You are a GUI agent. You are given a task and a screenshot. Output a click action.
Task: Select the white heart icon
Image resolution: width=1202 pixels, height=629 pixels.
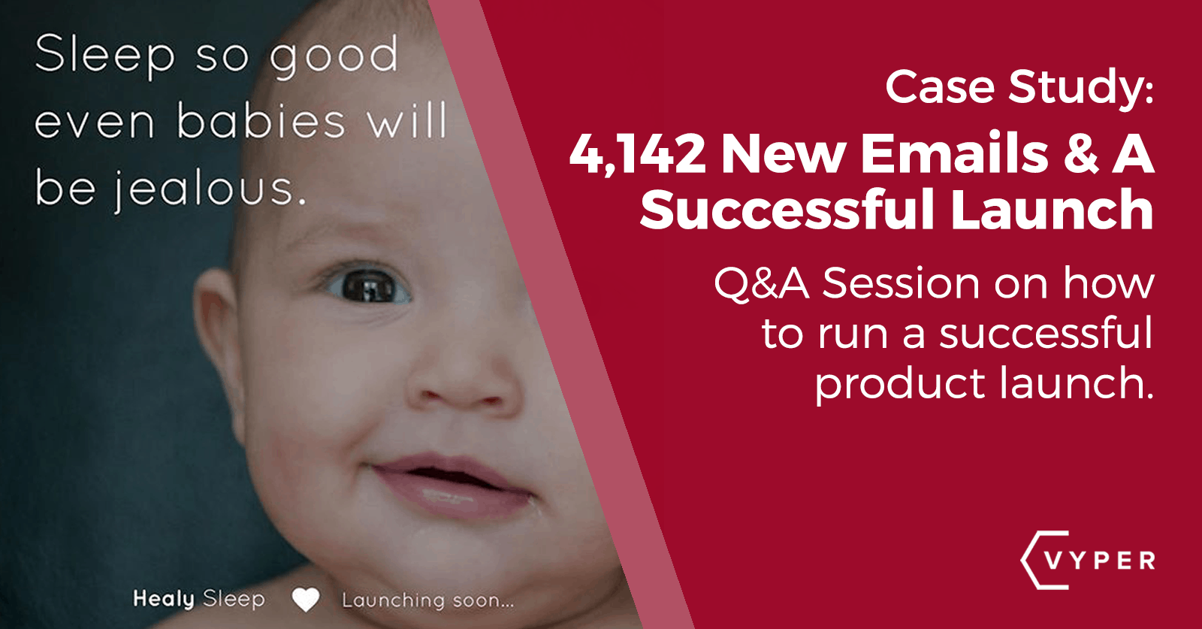[x=306, y=599]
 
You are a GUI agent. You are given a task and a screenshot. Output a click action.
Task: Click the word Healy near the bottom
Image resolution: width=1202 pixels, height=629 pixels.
[x=164, y=599]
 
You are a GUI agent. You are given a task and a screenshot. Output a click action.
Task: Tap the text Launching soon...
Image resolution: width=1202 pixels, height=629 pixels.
[x=427, y=600]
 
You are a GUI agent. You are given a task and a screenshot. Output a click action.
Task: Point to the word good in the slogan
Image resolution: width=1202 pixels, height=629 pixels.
[x=334, y=56]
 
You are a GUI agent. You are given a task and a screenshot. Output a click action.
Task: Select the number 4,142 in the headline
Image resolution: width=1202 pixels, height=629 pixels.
[x=637, y=154]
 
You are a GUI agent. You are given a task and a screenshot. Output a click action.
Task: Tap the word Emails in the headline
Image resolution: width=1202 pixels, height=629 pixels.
[x=954, y=154]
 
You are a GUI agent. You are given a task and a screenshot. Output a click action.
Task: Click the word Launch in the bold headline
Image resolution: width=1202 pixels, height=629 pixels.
[x=1052, y=210]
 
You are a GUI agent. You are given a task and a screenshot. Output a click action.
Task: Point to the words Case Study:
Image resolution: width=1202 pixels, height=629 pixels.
[x=1019, y=88]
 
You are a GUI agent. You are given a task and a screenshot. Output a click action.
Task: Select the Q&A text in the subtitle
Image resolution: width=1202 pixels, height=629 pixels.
[x=761, y=284]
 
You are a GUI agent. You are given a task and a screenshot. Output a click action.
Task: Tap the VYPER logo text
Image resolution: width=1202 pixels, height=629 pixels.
[x=1100, y=561]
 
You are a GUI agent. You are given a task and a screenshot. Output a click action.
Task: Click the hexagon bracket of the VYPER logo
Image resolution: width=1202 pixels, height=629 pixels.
[x=1034, y=560]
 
